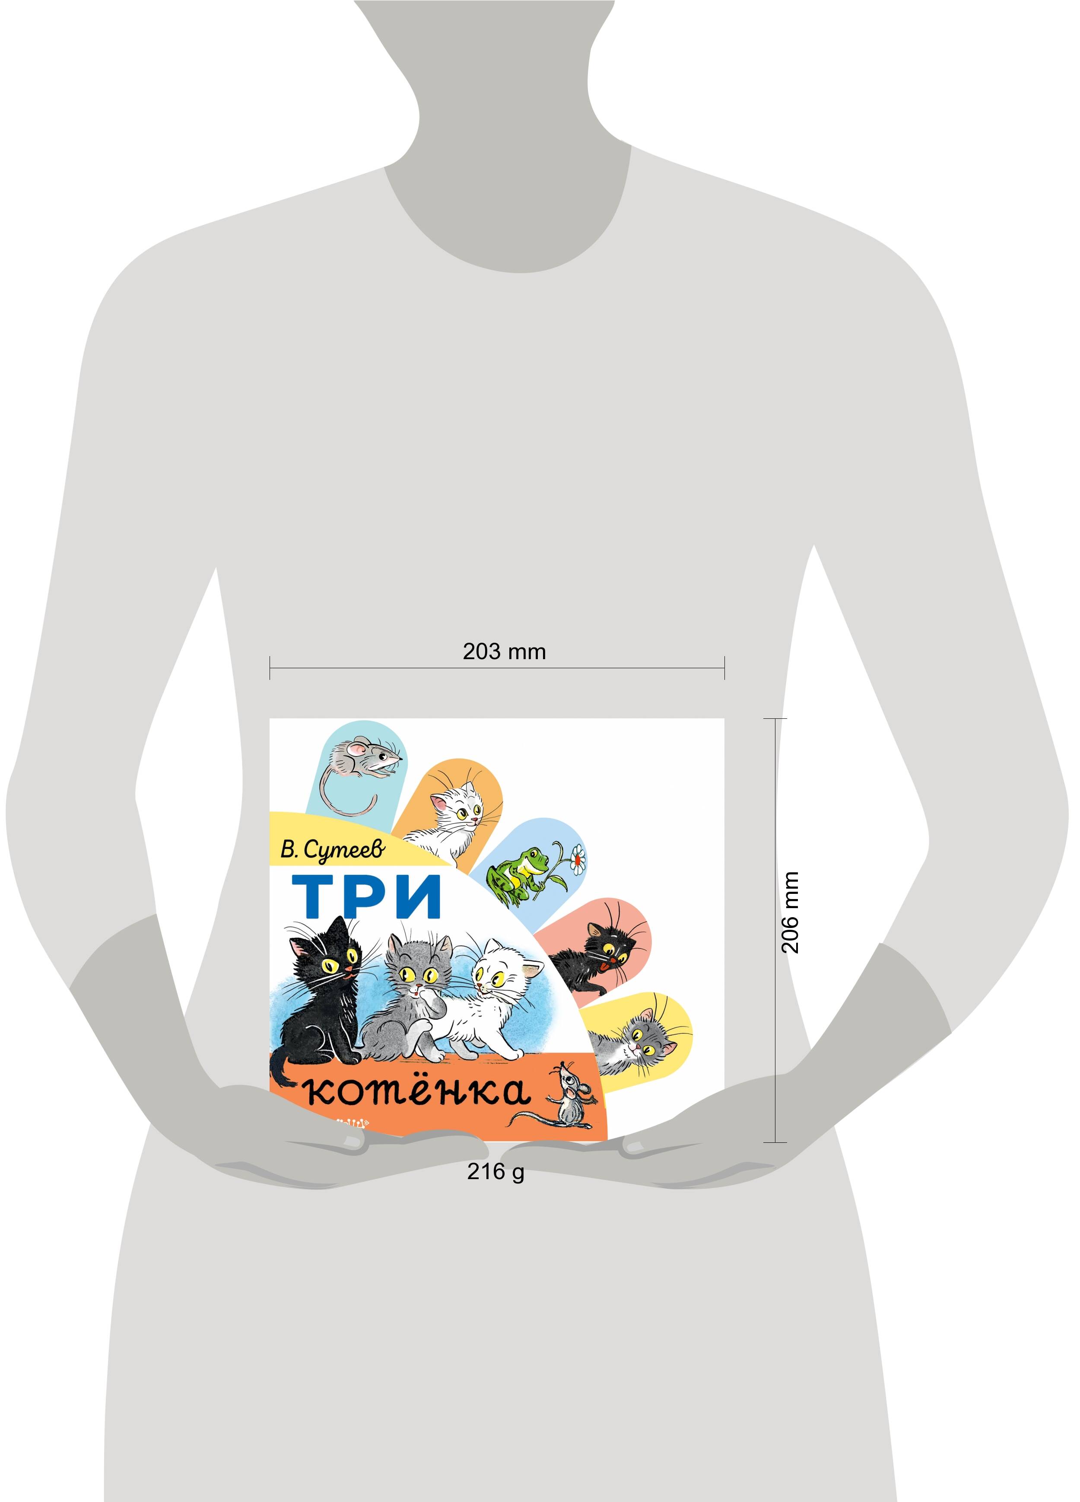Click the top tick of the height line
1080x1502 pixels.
click(x=775, y=718)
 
